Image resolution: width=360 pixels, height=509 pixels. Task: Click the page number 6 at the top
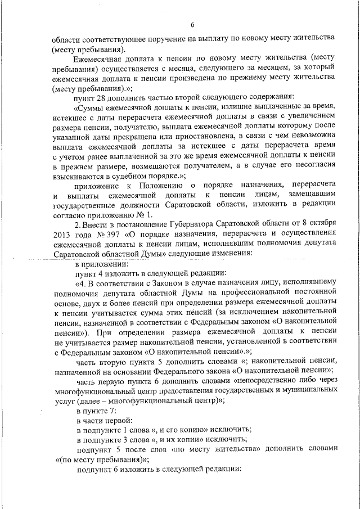[192, 25]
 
